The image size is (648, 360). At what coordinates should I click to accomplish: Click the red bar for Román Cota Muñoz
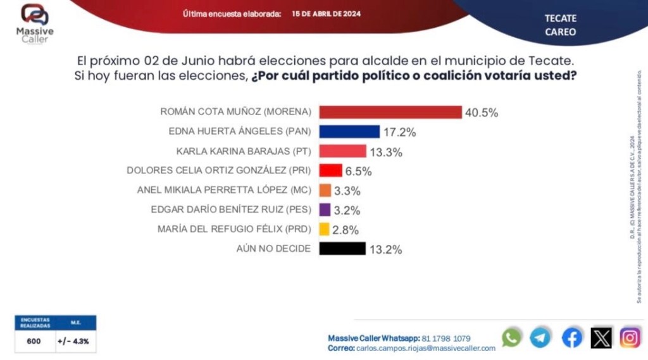pos(390,112)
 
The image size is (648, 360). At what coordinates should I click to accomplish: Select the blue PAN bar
pos(349,132)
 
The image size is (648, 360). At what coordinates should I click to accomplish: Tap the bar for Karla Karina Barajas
pos(342,151)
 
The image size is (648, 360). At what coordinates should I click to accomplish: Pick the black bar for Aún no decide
pos(342,249)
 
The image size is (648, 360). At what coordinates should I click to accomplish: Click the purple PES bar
pos(325,209)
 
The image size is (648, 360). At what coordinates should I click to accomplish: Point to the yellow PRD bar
pos(325,229)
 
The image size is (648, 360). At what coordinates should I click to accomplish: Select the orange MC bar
pos(325,190)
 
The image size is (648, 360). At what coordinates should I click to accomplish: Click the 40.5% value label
pos(482,113)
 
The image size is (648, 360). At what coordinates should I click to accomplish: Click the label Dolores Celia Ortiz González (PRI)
pos(220,171)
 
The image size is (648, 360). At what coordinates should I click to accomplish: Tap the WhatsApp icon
pos(511,337)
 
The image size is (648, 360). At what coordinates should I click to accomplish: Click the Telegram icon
pos(540,337)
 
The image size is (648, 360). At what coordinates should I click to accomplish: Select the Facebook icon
pos(571,338)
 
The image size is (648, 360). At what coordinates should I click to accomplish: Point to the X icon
pos(601,338)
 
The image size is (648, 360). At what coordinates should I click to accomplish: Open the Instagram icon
pos(630,338)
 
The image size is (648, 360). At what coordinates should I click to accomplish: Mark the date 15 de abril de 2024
pos(327,13)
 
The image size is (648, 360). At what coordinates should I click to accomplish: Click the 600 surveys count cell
pos(34,342)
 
